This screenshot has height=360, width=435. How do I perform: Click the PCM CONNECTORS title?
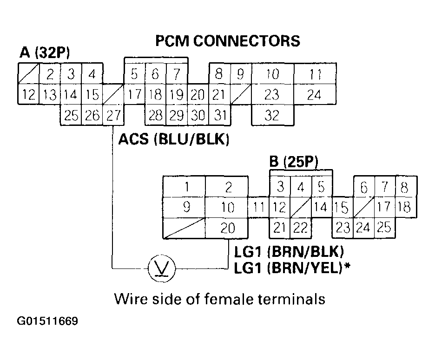click(x=227, y=41)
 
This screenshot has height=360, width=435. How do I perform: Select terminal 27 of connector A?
click(x=113, y=116)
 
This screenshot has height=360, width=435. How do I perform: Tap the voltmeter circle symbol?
click(x=159, y=268)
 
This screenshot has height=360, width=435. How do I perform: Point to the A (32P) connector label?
click(x=45, y=52)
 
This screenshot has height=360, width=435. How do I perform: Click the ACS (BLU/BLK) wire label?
click(x=174, y=139)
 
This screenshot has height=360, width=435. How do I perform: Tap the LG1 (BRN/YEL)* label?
click(x=293, y=268)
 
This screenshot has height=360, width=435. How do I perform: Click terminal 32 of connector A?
click(x=272, y=116)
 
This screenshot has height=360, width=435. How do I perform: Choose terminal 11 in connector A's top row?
click(x=315, y=73)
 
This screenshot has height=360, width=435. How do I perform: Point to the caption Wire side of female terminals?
click(x=219, y=299)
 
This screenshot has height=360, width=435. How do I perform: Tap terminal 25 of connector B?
click(x=384, y=228)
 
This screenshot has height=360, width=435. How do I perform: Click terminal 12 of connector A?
click(x=29, y=95)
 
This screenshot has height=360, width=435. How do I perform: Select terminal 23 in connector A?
click(x=272, y=95)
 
